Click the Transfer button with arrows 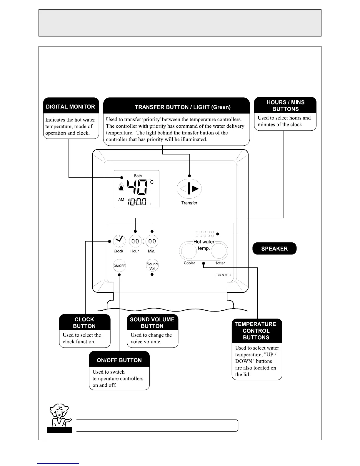[189, 189]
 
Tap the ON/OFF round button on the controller [119, 266]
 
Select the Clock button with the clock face [119, 241]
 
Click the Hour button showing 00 [135, 242]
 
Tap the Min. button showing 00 [152, 242]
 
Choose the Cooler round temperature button [188, 251]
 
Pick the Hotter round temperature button [219, 251]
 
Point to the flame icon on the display [121, 187]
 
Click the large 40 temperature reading [136, 187]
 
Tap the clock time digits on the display [137, 202]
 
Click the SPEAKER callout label [274, 249]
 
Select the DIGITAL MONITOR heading [71, 106]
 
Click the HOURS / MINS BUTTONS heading [285, 105]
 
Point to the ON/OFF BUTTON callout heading [119, 360]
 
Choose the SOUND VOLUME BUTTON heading [152, 322]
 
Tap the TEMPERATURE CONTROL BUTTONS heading [256, 331]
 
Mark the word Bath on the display [138, 176]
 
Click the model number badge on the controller [223, 275]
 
